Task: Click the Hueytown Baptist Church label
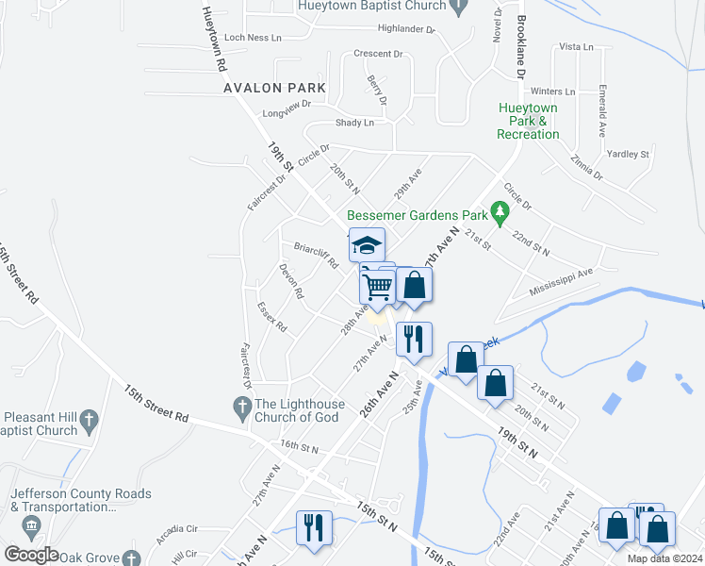click(x=370, y=6)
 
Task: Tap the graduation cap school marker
click(x=367, y=245)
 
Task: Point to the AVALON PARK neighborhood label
click(x=275, y=88)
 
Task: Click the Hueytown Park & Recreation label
click(x=528, y=122)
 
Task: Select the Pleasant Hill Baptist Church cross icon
click(x=90, y=417)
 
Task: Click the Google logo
click(x=32, y=555)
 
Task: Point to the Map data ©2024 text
click(x=664, y=558)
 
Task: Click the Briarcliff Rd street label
click(x=316, y=256)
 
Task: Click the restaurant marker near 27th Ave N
click(x=414, y=339)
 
